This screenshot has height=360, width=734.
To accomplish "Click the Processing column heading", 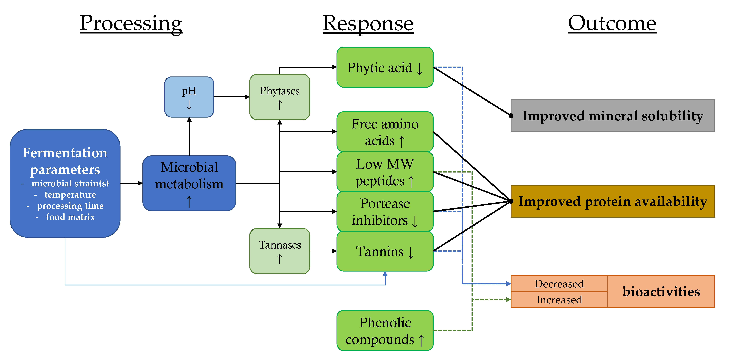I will point(131,23).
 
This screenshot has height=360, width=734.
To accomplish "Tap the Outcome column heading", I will point(612,23).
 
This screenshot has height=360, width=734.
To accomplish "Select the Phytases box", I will point(280,97).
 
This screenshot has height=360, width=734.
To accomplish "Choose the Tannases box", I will point(280,251).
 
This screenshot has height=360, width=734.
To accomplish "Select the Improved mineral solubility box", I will point(613,116).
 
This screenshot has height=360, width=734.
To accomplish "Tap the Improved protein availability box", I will point(613,201).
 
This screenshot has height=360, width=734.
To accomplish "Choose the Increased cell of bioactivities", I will point(559,300).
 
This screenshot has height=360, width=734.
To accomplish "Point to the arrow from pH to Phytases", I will point(231,97).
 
